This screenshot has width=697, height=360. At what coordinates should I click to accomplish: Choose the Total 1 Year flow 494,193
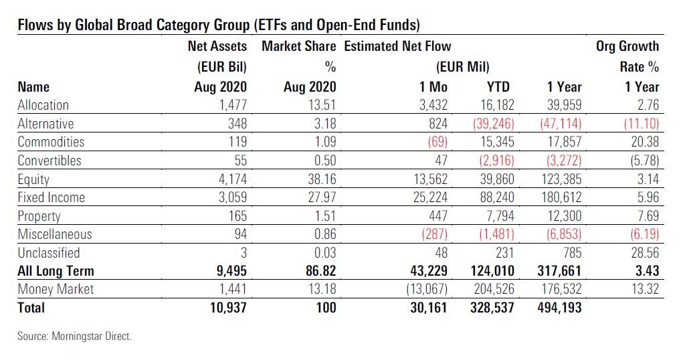click(x=555, y=308)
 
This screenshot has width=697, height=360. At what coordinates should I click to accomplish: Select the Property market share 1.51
click(x=322, y=216)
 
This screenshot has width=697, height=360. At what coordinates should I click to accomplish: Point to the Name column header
click(x=33, y=86)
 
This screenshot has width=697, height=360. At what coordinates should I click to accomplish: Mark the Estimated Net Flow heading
click(x=397, y=46)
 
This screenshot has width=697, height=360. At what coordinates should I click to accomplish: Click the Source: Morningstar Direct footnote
click(x=75, y=337)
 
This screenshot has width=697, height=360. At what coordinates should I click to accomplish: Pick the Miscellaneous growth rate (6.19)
click(x=640, y=234)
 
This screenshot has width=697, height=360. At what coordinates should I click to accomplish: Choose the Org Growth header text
click(x=627, y=46)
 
